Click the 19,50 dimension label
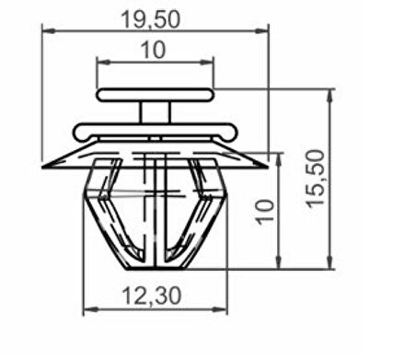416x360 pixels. (151, 19)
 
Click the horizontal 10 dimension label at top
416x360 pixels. (153, 50)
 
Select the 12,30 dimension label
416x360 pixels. (152, 296)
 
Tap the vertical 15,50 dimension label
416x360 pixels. (316, 179)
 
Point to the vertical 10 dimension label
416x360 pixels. (265, 213)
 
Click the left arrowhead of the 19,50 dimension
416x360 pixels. (49, 30)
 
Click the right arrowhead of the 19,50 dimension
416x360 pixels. (261, 30)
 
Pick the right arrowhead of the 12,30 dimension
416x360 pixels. (220, 309)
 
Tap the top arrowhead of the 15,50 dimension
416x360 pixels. (329, 96)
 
